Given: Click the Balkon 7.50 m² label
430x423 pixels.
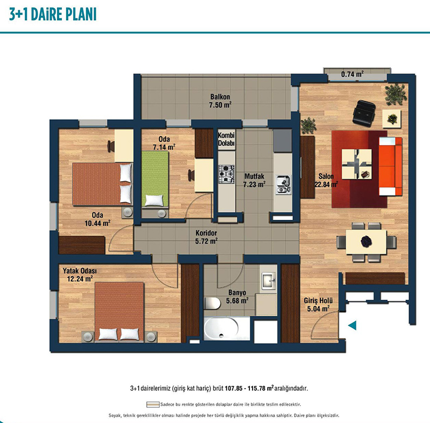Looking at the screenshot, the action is pos(220,101).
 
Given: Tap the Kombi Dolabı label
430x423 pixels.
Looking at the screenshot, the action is pos(226,139).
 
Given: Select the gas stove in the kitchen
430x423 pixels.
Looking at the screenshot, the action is pos(226,174).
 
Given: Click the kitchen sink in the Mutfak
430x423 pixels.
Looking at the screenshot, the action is pos(284,185).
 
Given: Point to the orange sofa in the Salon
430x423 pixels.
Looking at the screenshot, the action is pos(391,167).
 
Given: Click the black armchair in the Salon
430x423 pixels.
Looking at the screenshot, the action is pos(364,112).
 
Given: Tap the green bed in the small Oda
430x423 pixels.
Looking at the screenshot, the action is pos(155,179).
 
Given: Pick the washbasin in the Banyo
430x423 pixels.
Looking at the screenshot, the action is pos(268,281).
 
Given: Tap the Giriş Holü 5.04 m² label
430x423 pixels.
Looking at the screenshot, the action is pos(318,305).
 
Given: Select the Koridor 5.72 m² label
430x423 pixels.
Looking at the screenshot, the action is pos(206,237).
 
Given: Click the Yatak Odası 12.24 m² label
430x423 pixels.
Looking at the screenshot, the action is pos(80,275).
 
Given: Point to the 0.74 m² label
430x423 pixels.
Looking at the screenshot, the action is pos(353,74).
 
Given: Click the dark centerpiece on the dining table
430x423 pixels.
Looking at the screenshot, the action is pos(366,241).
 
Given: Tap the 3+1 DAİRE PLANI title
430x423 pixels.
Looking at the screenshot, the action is pos(53,15).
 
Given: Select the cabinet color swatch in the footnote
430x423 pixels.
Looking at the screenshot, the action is pos(153,405).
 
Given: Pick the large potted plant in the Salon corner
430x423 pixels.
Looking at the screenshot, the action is pos(396,94).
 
